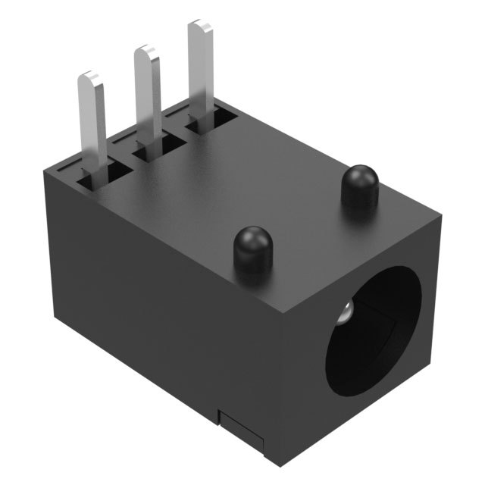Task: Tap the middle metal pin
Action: point(146,95)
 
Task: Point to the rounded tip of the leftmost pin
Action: point(90,77)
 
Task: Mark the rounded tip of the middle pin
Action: point(145,52)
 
